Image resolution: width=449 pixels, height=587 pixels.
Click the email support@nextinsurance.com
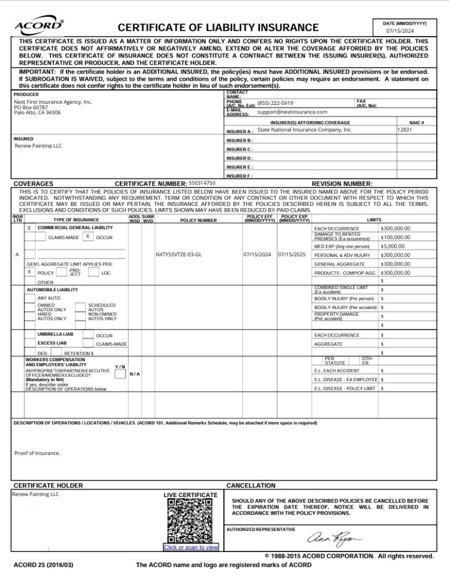coord(292,112)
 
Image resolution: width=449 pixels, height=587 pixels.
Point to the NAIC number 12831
coord(404,130)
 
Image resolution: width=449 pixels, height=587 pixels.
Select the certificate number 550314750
coord(202,183)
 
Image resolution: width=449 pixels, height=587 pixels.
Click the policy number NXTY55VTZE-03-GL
coord(179,255)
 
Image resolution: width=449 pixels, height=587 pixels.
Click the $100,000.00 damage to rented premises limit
coord(395,237)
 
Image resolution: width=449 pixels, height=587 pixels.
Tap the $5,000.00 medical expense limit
coord(392,246)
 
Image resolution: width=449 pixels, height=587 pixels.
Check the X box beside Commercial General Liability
coord(29,228)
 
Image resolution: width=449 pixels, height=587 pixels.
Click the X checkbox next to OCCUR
coord(88,236)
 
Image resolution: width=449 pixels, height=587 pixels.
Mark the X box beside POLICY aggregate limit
coord(29,272)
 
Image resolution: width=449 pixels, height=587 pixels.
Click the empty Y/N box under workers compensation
coord(120,374)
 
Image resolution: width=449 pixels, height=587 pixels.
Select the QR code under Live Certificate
coord(190,521)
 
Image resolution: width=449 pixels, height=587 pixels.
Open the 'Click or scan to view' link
coord(191,547)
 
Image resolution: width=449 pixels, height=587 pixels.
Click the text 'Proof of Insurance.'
coord(37,453)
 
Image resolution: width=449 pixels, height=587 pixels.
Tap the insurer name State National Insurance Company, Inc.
coord(304,130)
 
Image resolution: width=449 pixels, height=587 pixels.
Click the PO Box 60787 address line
coord(31,107)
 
